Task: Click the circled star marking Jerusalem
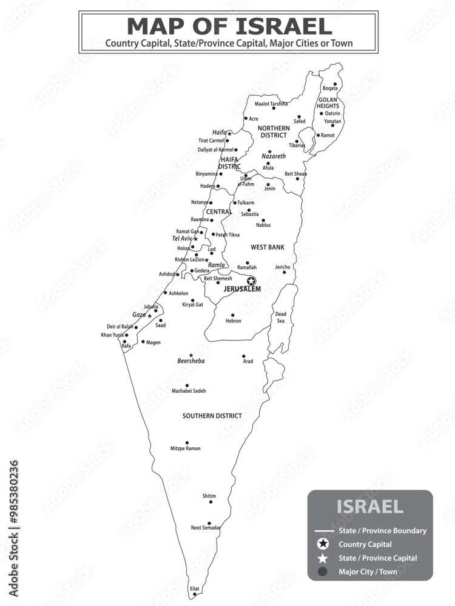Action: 251,281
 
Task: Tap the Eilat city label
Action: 194,588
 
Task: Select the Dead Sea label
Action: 280,318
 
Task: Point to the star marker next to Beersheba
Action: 190,355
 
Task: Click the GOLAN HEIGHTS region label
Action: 328,102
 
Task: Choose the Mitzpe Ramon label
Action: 186,448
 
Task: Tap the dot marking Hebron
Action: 232,315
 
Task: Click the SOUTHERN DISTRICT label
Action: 212,416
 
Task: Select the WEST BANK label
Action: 268,247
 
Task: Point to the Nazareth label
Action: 273,156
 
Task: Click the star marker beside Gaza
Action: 149,316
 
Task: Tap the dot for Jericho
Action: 284,272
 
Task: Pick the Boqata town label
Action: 330,88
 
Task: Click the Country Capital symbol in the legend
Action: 323,544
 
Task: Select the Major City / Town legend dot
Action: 323,571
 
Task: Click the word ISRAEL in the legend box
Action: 369,507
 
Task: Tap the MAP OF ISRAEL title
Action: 229,26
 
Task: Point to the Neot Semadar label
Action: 206,528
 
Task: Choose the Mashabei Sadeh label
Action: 189,391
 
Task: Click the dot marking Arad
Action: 244,356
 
